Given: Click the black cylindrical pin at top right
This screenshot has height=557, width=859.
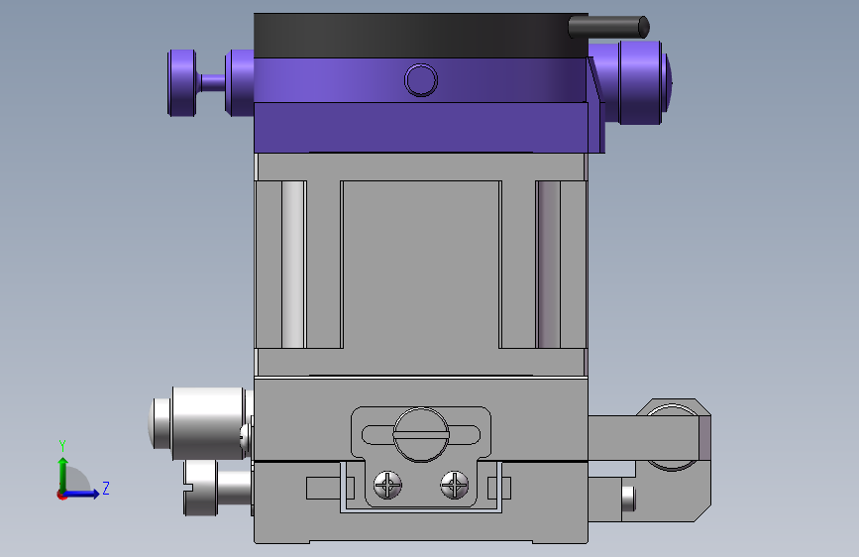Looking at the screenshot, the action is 608,27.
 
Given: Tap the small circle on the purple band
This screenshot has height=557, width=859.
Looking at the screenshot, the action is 421,80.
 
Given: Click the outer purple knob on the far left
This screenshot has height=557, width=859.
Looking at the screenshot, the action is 181,83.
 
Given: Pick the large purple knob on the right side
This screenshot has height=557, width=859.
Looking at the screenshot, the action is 638,83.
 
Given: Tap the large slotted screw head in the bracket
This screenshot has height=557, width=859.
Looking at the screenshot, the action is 421,435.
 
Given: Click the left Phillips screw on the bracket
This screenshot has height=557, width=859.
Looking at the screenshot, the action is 387,485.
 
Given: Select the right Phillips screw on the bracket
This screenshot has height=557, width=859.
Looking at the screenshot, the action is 454,485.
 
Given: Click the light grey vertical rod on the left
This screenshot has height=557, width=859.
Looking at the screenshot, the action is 293,265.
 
